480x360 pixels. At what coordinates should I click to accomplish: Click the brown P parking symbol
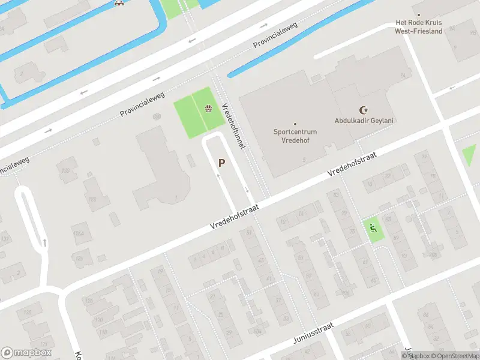[x=222, y=163]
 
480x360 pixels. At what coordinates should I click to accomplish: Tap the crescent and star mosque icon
[x=362, y=110]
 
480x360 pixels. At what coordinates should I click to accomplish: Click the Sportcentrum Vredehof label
[x=295, y=135]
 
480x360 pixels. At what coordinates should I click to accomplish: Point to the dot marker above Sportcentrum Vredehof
[x=295, y=124]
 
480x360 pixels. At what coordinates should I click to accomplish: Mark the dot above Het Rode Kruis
[x=418, y=15]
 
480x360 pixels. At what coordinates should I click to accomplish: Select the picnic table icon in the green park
[x=208, y=109]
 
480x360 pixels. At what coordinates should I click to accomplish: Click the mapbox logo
[x=26, y=353]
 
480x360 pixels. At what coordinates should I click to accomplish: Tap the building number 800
[x=157, y=116]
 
